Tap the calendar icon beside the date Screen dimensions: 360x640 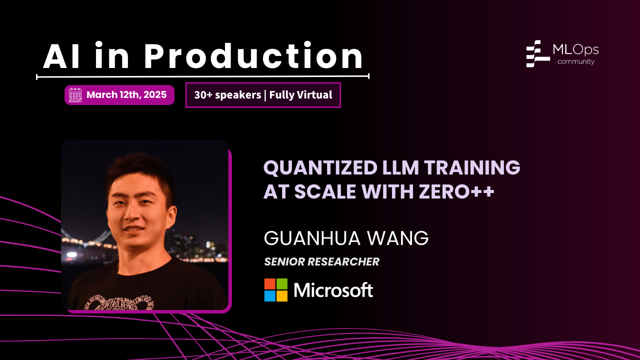75,95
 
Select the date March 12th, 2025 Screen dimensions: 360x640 126,95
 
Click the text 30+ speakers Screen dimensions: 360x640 227,95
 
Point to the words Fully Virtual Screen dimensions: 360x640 300,95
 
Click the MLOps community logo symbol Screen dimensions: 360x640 537,53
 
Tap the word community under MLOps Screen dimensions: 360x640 575,62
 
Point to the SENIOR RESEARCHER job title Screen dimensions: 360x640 321,261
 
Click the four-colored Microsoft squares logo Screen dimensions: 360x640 276,290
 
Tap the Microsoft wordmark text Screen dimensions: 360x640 333,290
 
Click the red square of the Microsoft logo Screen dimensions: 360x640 270,284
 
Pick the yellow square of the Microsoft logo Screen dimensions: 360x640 282,296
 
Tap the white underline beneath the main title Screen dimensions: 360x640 202,76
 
